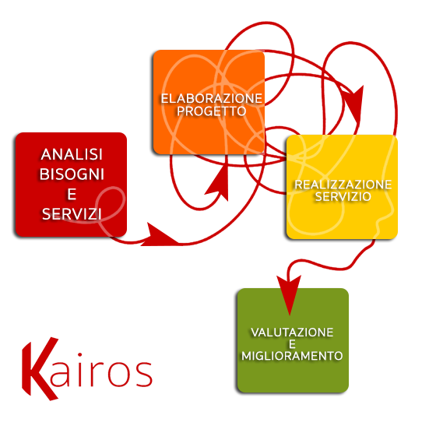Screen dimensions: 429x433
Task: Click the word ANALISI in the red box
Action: [x=72, y=154]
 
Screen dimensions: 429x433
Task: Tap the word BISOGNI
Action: [x=72, y=174]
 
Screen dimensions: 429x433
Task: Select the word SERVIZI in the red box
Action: [x=72, y=214]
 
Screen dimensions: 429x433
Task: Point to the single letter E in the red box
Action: [x=72, y=194]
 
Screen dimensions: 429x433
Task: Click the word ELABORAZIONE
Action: [x=212, y=99]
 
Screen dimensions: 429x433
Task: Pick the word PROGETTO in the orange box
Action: [x=212, y=111]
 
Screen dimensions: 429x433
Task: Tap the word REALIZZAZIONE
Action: [x=343, y=185]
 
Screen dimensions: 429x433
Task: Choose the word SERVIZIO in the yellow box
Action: [x=343, y=196]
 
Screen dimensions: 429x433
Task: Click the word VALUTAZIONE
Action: [x=292, y=333]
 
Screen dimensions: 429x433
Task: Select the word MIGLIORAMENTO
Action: [x=292, y=356]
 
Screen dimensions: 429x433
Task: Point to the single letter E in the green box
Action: [x=292, y=344]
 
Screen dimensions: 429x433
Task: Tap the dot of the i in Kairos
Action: [x=79, y=354]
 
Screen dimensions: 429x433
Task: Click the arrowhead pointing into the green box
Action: [x=289, y=294]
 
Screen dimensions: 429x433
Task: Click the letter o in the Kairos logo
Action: [x=120, y=374]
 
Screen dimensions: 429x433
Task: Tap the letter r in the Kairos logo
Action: [x=97, y=374]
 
